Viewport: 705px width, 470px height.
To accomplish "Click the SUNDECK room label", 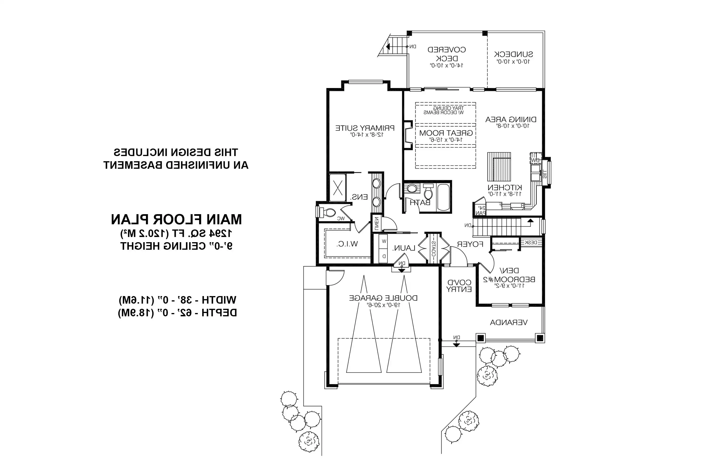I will pos(513,55).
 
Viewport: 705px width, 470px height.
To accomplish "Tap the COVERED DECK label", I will pos(447,54).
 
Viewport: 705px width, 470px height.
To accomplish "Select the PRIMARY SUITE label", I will pos(365,128).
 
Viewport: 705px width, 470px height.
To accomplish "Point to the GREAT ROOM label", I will pos(446,133).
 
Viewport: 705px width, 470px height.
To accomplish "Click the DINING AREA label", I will pos(511,120).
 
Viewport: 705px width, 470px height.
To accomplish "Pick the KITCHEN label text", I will pos(505,188).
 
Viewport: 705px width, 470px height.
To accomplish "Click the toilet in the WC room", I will pos(329,213).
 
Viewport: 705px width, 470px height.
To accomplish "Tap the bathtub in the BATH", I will pos(443,197).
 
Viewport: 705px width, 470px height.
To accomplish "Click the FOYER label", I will pos(470,244).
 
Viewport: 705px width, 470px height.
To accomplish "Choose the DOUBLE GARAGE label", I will pos(383,298).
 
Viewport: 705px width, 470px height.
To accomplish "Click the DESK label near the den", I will pos(531,242).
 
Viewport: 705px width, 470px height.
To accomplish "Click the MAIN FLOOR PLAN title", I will pos(176,220).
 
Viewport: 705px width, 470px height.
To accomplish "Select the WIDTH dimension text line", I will pos(177,300).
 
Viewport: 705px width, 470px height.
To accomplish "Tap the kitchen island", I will pos(499,167).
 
